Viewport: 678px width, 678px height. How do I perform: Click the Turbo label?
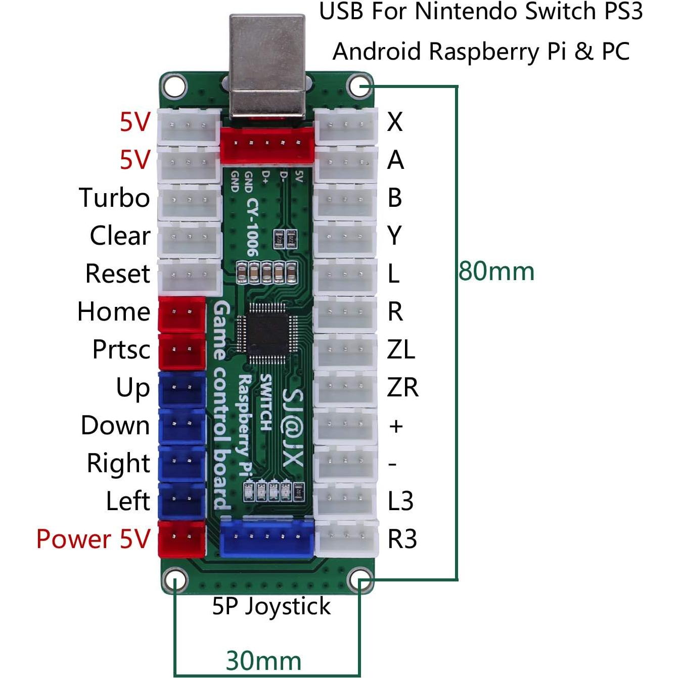coord(114,198)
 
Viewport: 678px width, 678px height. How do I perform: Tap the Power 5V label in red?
coord(94,539)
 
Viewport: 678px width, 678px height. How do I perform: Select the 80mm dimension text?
coord(496,272)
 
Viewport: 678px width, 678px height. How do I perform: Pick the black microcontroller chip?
coord(268,334)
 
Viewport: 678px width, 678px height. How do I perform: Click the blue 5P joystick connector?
coord(267,538)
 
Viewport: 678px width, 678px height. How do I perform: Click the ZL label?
coord(401,349)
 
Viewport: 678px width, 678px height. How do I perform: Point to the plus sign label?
coord(396,426)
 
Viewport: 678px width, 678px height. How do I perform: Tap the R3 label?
coord(402,539)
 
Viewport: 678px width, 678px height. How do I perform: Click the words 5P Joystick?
coord(271,606)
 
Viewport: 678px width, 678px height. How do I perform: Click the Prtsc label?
coord(121,349)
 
